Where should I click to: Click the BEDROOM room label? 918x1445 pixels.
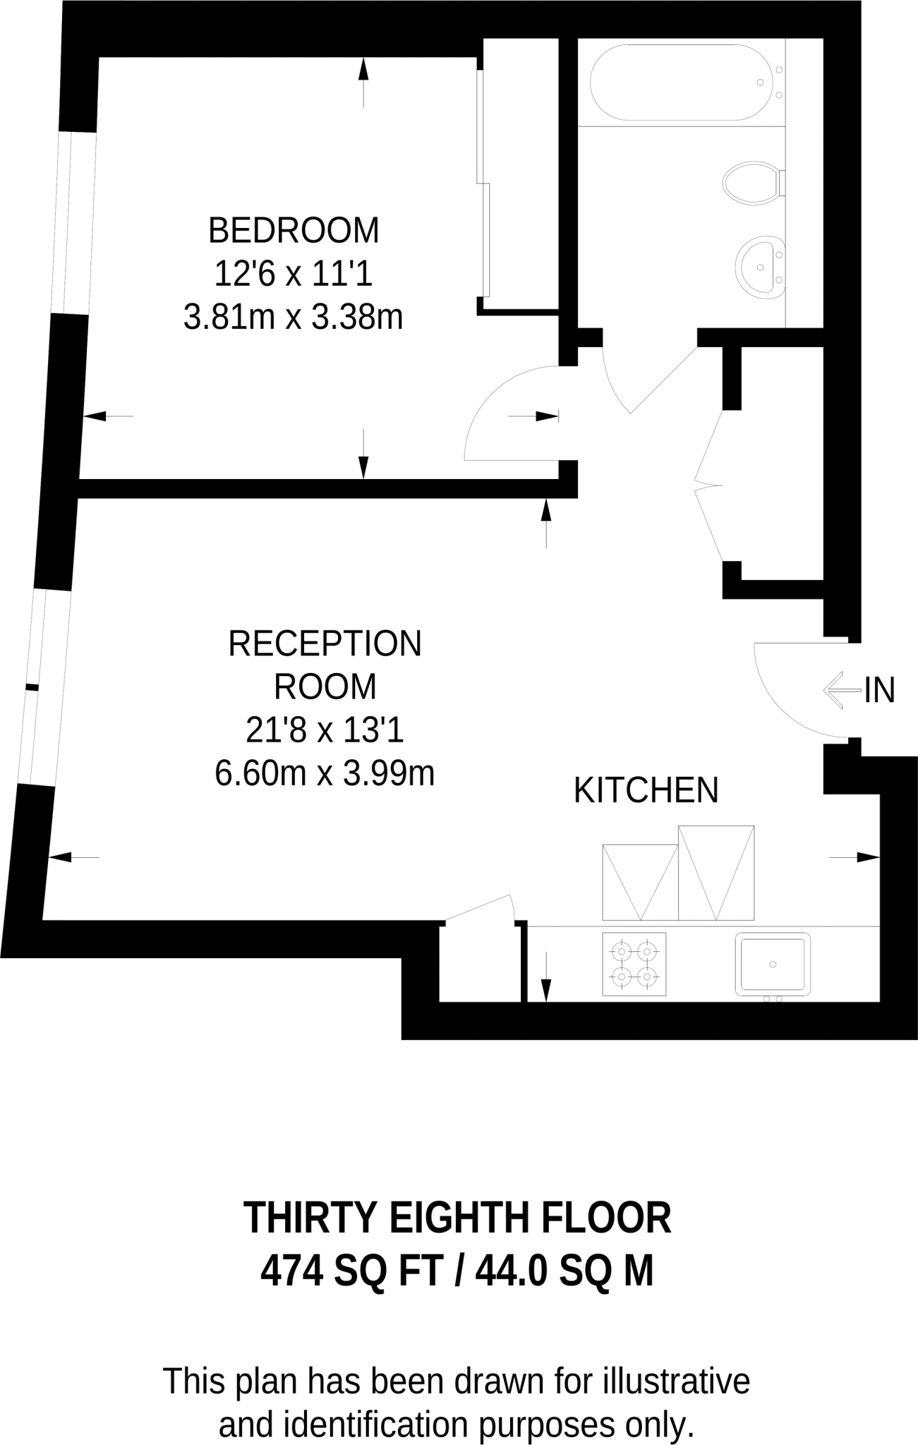pos(294,231)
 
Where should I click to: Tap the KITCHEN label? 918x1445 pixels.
pos(646,790)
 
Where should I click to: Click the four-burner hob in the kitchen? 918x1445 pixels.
pos(634,965)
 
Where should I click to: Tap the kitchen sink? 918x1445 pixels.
pos(773,964)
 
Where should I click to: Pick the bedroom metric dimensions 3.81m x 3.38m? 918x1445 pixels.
pos(294,318)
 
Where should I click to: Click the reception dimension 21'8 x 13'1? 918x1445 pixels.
pos(325,730)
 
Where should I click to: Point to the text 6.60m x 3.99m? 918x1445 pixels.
pos(325,774)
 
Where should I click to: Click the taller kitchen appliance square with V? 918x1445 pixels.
pos(716,873)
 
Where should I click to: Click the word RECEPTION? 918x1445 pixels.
pos(325,643)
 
